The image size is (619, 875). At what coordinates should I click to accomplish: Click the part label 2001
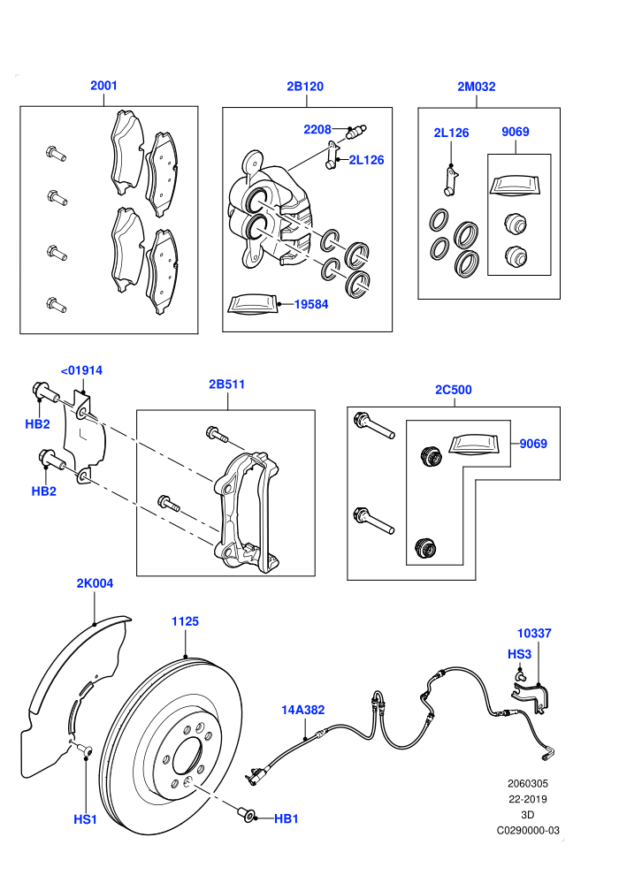103,86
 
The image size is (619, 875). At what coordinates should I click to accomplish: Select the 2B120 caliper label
305,86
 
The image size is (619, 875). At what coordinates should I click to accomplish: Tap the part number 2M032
476,87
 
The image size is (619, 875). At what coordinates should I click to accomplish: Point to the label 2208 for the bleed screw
317,129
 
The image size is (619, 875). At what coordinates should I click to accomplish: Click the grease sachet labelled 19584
253,304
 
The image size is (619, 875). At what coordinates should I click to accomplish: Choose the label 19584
311,304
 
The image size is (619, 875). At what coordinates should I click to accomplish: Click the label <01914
81,370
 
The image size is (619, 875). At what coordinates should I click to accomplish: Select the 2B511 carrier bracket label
226,384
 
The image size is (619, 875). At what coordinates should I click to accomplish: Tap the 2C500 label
454,390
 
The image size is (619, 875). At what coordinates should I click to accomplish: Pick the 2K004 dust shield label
95,583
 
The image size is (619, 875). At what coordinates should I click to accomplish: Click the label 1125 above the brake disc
186,621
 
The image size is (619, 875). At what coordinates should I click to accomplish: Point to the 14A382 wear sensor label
303,710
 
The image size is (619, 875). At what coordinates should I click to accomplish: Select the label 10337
534,634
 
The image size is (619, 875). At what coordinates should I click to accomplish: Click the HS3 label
519,654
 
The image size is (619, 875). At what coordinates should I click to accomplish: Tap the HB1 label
287,818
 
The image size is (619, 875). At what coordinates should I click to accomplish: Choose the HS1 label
86,819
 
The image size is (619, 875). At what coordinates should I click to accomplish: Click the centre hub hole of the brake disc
187,757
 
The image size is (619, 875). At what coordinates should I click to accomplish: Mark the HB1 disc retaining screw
245,814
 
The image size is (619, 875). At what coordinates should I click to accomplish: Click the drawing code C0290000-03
528,830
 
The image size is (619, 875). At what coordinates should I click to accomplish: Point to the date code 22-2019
527,799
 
